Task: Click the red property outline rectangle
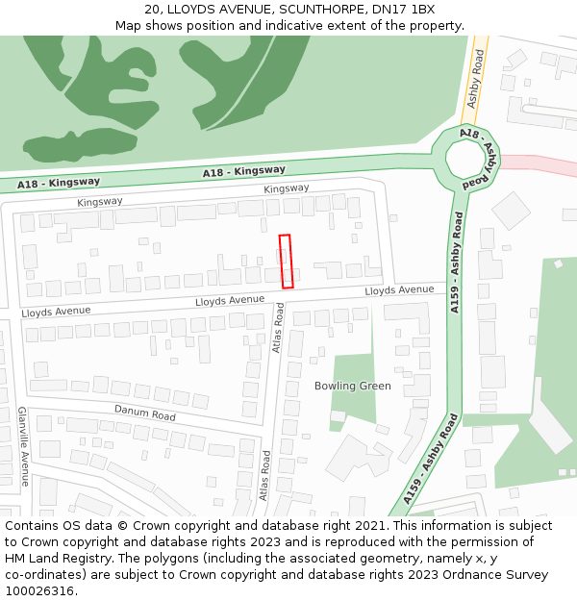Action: [286, 261]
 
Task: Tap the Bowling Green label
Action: [352, 386]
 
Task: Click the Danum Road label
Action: [145, 412]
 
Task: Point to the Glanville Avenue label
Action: [23, 446]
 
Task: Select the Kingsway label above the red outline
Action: [287, 188]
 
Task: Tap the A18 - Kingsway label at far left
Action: [59, 182]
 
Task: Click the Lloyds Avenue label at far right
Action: [399, 289]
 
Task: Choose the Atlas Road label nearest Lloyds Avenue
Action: [277, 328]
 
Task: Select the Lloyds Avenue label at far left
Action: [56, 312]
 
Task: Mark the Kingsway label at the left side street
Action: [100, 202]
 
